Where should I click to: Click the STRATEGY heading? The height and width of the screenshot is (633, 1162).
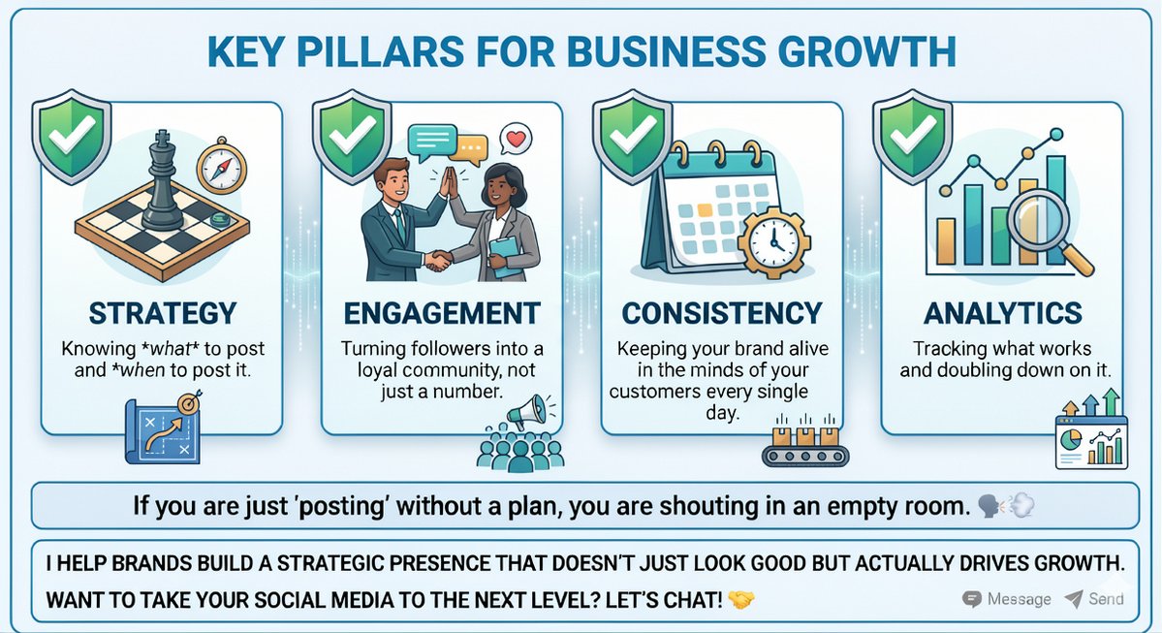162,313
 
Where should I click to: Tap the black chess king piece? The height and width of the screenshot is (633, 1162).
164,183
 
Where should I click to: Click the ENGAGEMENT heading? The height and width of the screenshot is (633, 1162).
441,313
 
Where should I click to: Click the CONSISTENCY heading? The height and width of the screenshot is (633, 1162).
722,313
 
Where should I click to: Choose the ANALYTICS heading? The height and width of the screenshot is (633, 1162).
1002,313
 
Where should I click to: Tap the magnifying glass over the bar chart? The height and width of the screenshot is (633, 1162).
1038,225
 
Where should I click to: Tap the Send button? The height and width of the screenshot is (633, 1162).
1094,598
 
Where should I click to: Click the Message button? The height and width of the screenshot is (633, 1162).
1006,598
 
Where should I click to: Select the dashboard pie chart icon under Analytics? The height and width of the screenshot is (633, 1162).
1092,440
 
